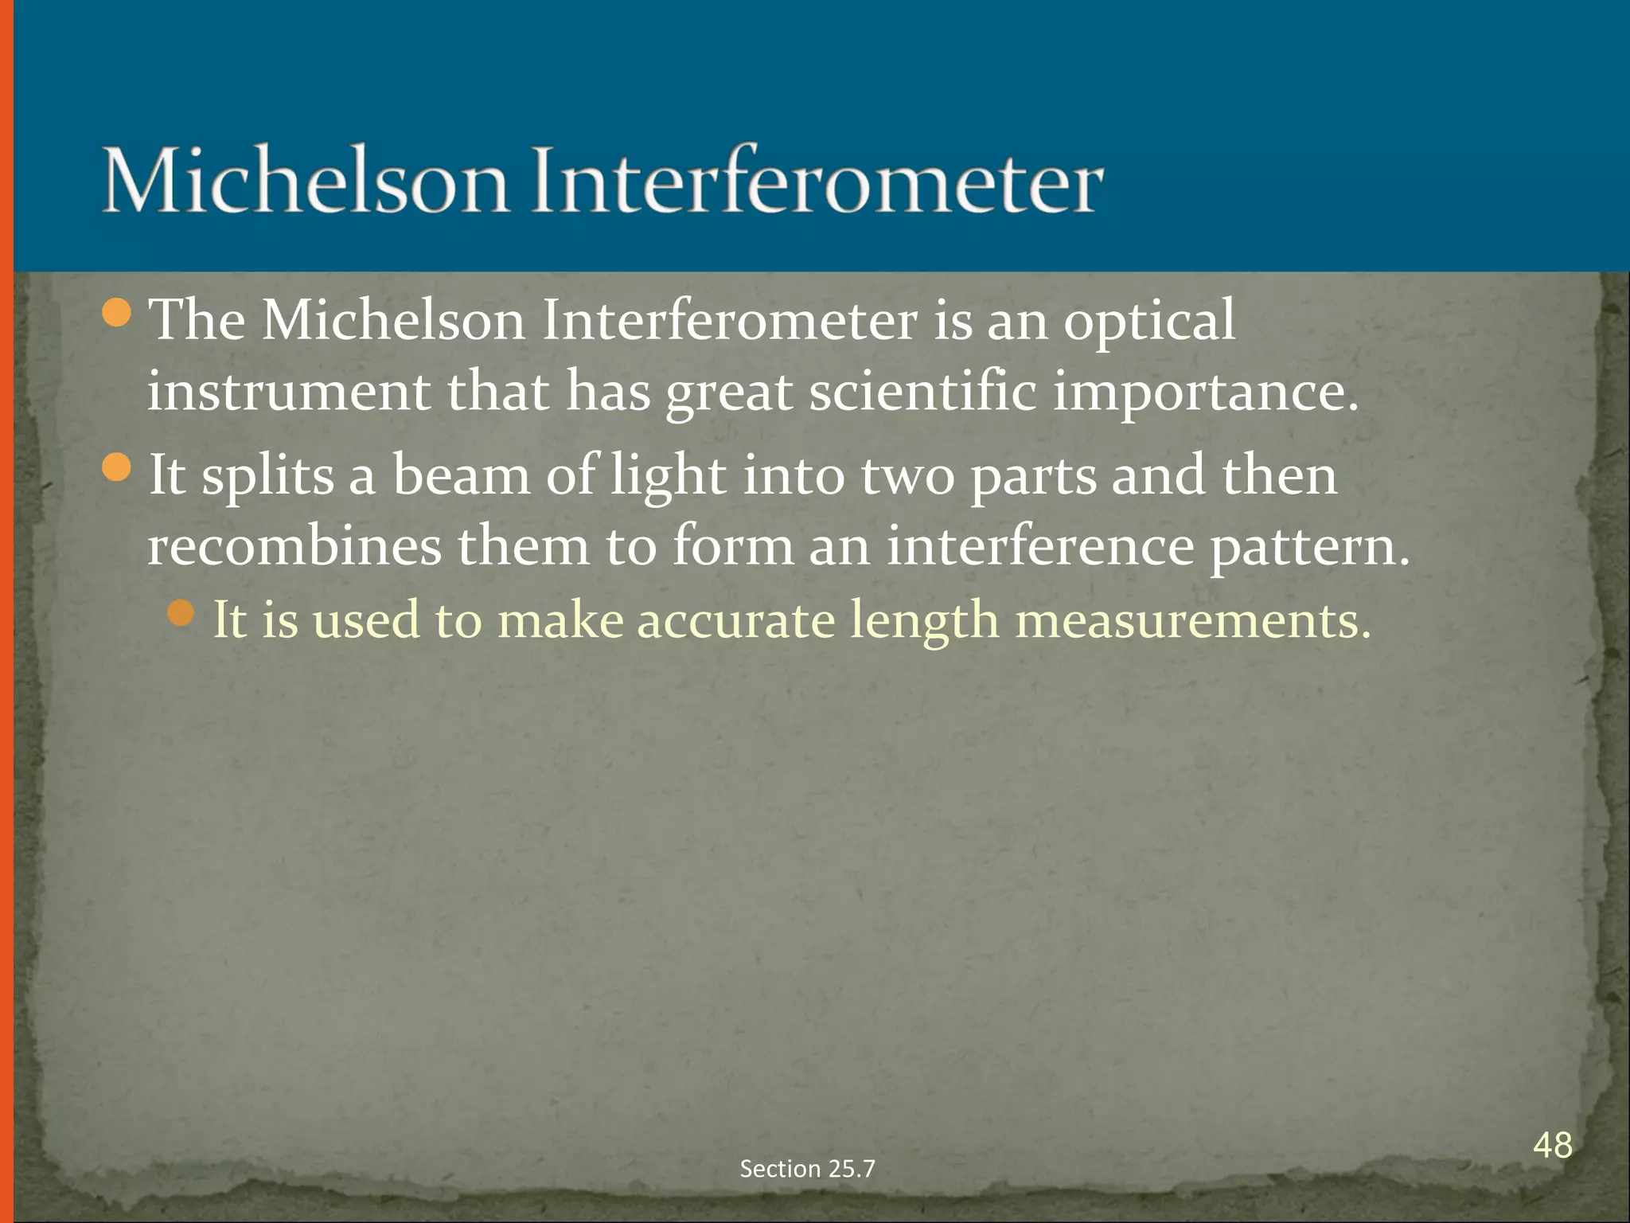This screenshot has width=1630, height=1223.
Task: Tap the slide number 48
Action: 1552,1145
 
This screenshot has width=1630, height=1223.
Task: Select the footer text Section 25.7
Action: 807,1168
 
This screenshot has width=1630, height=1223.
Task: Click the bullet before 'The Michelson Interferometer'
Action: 117,313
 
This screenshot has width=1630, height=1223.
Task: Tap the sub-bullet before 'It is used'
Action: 181,613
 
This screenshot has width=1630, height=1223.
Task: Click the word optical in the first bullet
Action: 1149,320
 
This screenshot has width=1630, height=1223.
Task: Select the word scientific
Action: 923,392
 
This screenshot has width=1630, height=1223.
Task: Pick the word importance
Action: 1206,392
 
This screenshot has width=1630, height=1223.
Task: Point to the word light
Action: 668,475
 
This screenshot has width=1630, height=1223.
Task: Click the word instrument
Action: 288,392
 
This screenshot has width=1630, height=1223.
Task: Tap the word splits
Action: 267,475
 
